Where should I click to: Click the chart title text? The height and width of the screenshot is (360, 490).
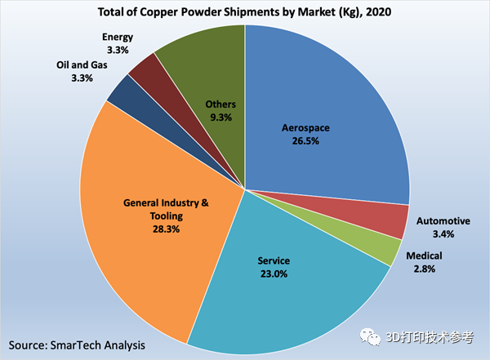[244, 11]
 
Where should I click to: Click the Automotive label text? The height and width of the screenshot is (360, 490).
[443, 221]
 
